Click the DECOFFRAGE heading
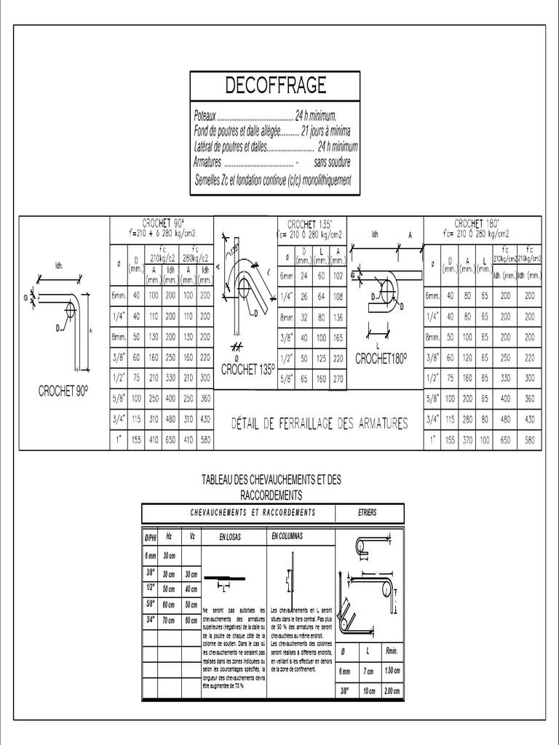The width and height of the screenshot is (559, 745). [274, 86]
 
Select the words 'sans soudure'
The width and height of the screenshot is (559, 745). [333, 162]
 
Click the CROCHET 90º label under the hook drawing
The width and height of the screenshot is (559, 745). [63, 391]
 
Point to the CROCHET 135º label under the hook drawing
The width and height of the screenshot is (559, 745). [247, 369]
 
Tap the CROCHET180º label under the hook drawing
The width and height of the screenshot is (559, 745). [381, 359]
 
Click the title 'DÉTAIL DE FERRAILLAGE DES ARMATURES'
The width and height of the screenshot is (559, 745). [320, 423]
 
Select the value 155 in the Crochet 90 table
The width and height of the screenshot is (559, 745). [136, 440]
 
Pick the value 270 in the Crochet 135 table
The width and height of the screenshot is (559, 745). [338, 379]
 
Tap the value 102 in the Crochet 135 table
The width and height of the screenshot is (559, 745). [338, 276]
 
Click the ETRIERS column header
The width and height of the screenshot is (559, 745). [369, 513]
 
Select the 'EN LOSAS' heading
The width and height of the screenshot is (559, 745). [230, 538]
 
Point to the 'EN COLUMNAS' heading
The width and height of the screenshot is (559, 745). [287, 536]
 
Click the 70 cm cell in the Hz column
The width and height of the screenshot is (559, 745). [169, 621]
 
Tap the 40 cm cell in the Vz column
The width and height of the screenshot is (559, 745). [191, 589]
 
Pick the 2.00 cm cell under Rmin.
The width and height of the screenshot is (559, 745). [392, 690]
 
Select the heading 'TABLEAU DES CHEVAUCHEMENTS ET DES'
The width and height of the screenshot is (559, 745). [271, 480]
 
